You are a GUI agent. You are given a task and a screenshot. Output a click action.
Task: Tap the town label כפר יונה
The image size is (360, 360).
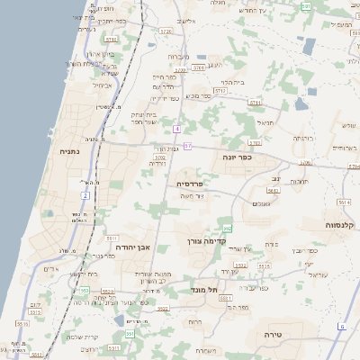click(x=236, y=157)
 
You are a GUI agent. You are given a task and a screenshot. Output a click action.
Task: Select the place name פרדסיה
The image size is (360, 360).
click(x=189, y=183)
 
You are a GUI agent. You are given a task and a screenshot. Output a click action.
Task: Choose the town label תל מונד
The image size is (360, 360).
click(x=205, y=290)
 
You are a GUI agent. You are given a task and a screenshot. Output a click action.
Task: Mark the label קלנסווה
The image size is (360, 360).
click(x=334, y=224)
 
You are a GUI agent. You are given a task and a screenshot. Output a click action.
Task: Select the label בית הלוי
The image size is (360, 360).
click(x=232, y=82)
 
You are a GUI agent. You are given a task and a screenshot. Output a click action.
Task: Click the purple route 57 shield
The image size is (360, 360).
click(x=188, y=145)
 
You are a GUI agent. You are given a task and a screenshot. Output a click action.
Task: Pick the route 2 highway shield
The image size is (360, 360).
click(x=85, y=195)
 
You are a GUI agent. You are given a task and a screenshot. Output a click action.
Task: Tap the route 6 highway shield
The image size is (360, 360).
click(x=342, y=326)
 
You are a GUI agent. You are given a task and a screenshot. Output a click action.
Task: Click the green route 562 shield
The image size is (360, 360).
click(x=228, y=229)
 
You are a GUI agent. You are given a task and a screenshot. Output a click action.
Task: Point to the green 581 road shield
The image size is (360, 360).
click(x=306, y=5)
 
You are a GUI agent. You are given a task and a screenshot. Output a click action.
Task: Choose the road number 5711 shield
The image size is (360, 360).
click(x=111, y=40)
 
